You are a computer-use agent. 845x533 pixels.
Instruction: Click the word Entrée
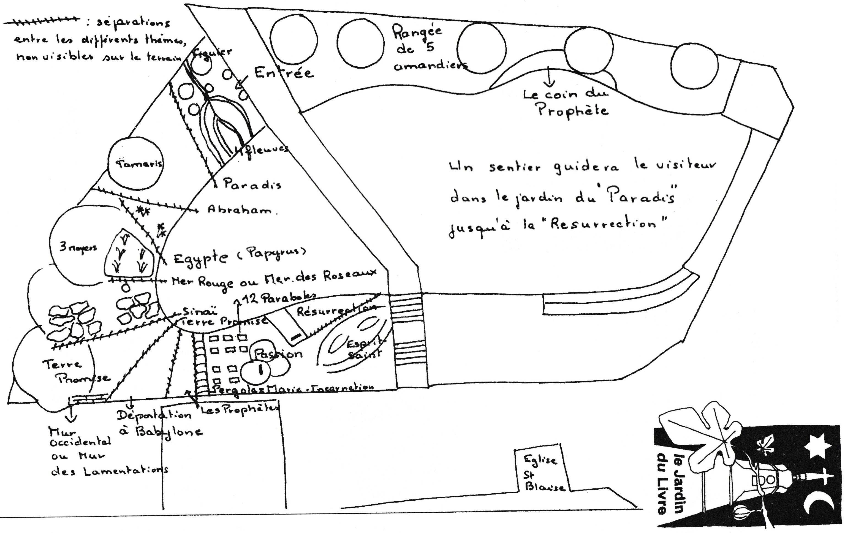click(284, 73)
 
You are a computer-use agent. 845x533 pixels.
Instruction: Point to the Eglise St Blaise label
click(542, 472)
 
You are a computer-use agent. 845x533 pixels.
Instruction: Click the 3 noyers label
click(78, 248)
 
